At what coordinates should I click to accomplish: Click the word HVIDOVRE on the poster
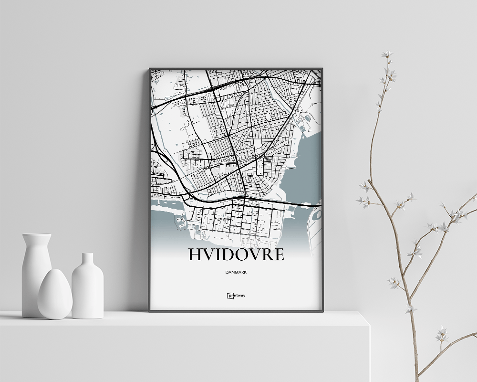pyautogui.click(x=236, y=255)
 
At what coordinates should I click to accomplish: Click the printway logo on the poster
pyautogui.click(x=236, y=296)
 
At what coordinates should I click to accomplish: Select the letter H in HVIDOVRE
pyautogui.click(x=195, y=255)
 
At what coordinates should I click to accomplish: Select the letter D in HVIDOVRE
pyautogui.click(x=228, y=255)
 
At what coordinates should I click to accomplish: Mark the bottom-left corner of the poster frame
pyautogui.click(x=150, y=311)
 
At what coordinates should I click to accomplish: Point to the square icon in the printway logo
pyautogui.click(x=229, y=296)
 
